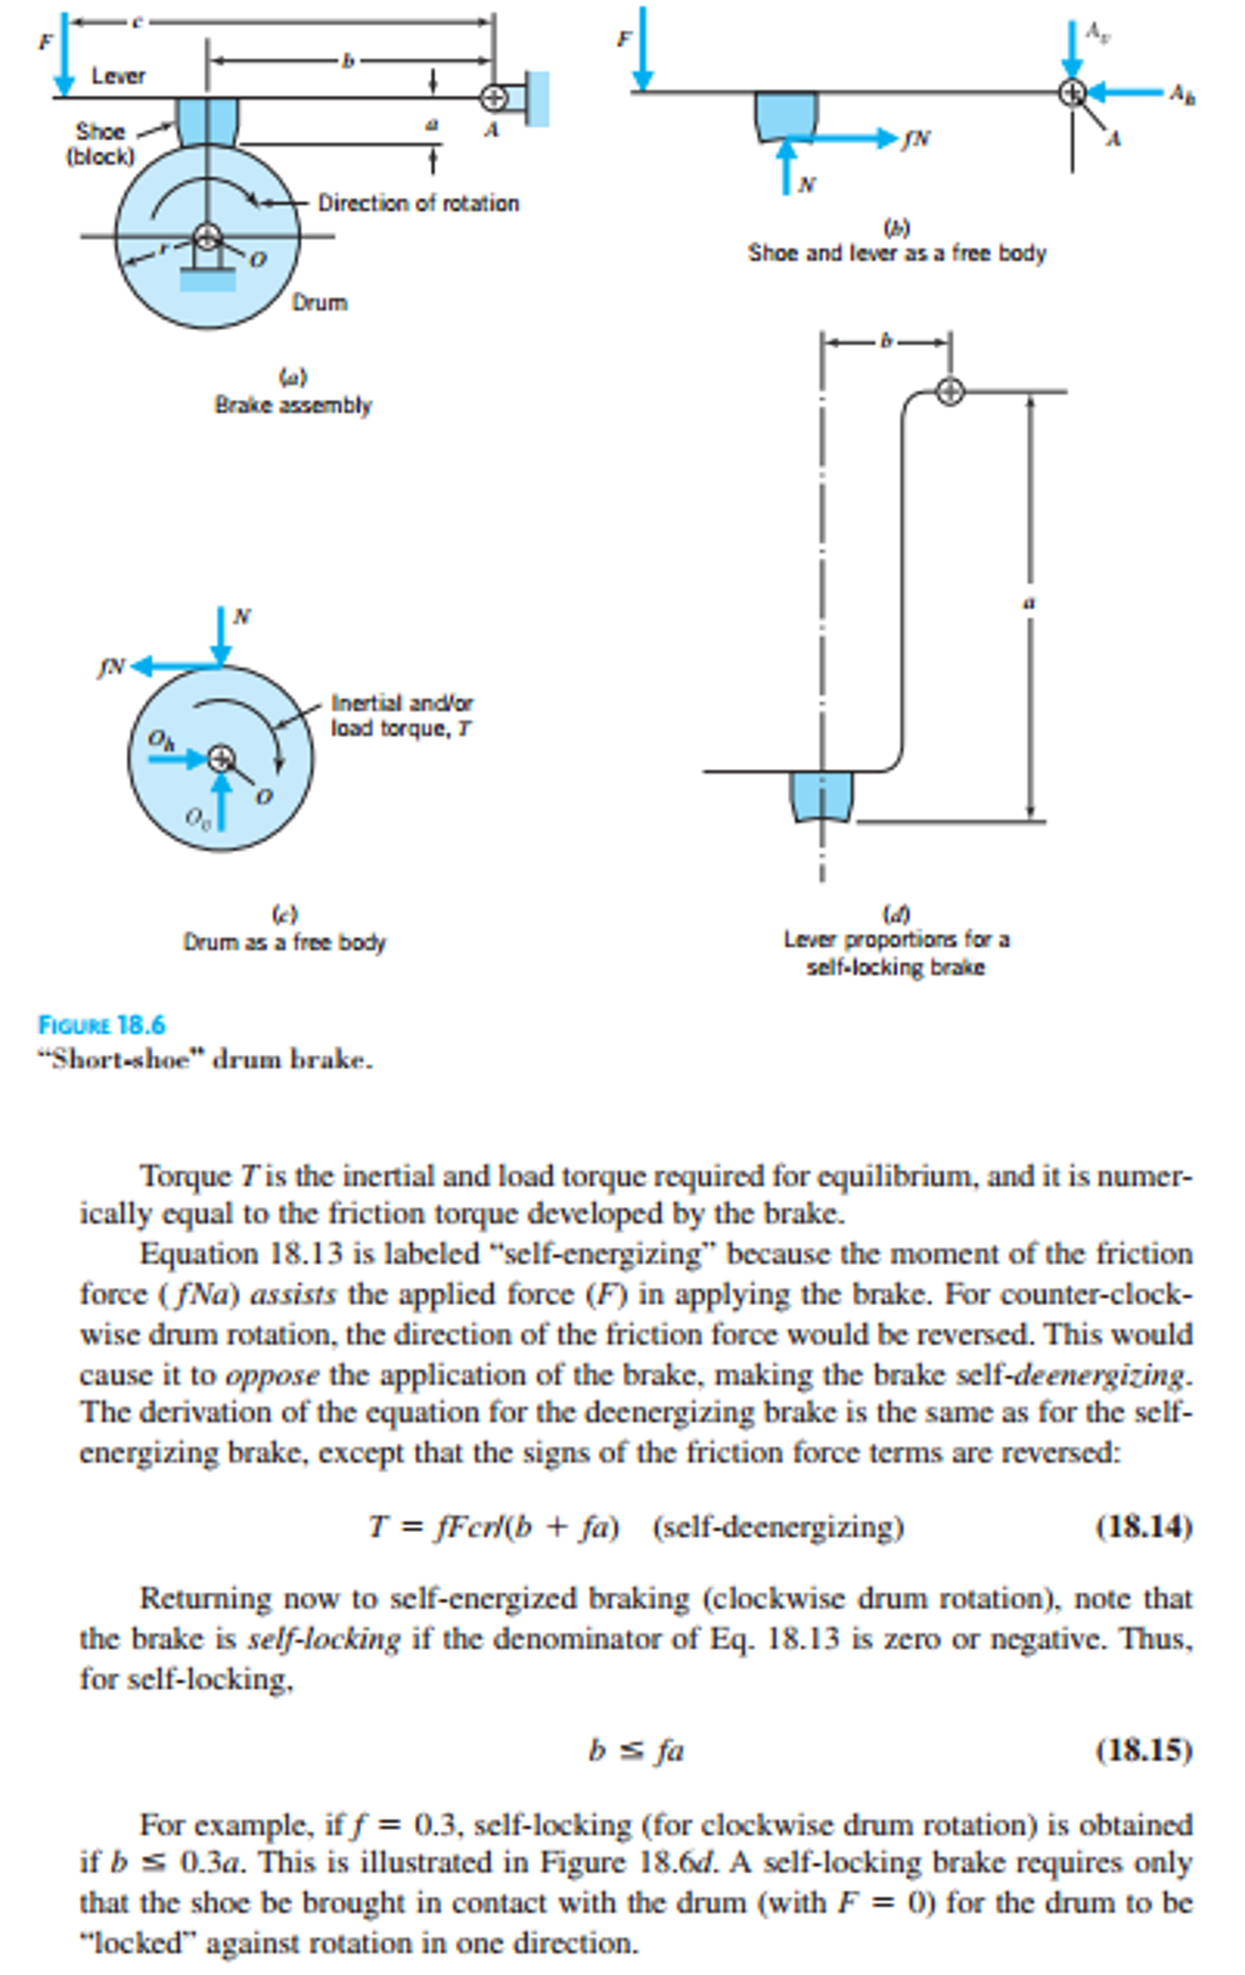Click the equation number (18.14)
click(1144, 1526)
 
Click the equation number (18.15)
click(1144, 1749)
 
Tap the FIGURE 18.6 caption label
click(101, 1024)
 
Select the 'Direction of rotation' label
click(418, 204)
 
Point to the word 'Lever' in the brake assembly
click(118, 76)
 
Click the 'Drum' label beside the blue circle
click(319, 303)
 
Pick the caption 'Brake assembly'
click(292, 405)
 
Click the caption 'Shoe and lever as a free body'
click(897, 253)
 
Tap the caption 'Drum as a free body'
click(285, 942)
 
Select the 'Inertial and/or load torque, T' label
click(401, 715)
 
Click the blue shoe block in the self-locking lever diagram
click(821, 795)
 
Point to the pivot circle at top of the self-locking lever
click(951, 391)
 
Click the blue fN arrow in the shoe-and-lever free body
click(849, 138)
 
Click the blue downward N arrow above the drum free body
click(222, 636)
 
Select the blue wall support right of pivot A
click(538, 98)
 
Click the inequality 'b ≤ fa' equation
click(636, 1750)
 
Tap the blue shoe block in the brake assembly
click(207, 122)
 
